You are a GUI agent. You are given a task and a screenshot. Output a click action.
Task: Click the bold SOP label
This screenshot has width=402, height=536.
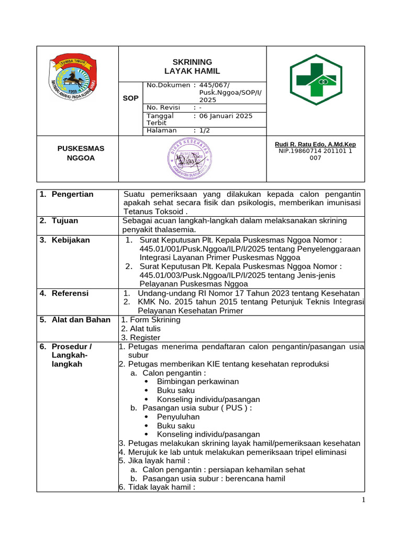[130, 98]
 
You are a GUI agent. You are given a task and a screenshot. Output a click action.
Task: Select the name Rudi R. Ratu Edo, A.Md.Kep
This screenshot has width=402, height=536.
[315, 144]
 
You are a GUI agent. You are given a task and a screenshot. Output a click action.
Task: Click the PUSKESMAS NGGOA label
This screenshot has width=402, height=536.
[81, 153]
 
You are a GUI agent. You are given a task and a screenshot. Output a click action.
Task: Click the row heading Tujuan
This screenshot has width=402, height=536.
[65, 221]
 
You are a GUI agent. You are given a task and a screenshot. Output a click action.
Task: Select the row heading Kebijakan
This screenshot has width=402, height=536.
[71, 240]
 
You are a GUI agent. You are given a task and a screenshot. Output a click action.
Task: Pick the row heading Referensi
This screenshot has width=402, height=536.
[70, 293]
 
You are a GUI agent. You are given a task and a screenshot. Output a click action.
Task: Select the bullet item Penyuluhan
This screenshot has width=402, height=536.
[178, 417]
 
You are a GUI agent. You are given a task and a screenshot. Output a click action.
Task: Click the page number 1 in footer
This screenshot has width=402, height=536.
[363, 500]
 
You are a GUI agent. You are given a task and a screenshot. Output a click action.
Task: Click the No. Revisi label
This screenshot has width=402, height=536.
[163, 107]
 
